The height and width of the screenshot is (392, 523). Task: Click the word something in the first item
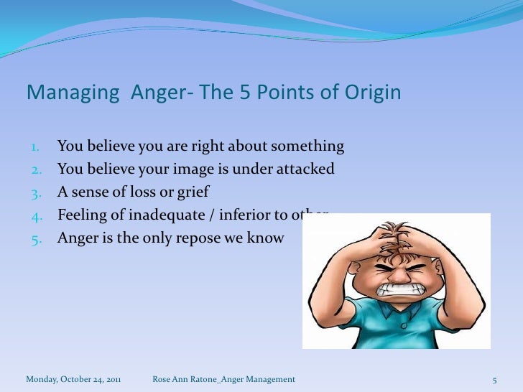click(307, 147)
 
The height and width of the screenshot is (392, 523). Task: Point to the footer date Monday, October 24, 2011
click(73, 378)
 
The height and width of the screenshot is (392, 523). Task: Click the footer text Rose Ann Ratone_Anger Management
click(223, 378)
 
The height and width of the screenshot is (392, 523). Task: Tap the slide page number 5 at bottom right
click(494, 378)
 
